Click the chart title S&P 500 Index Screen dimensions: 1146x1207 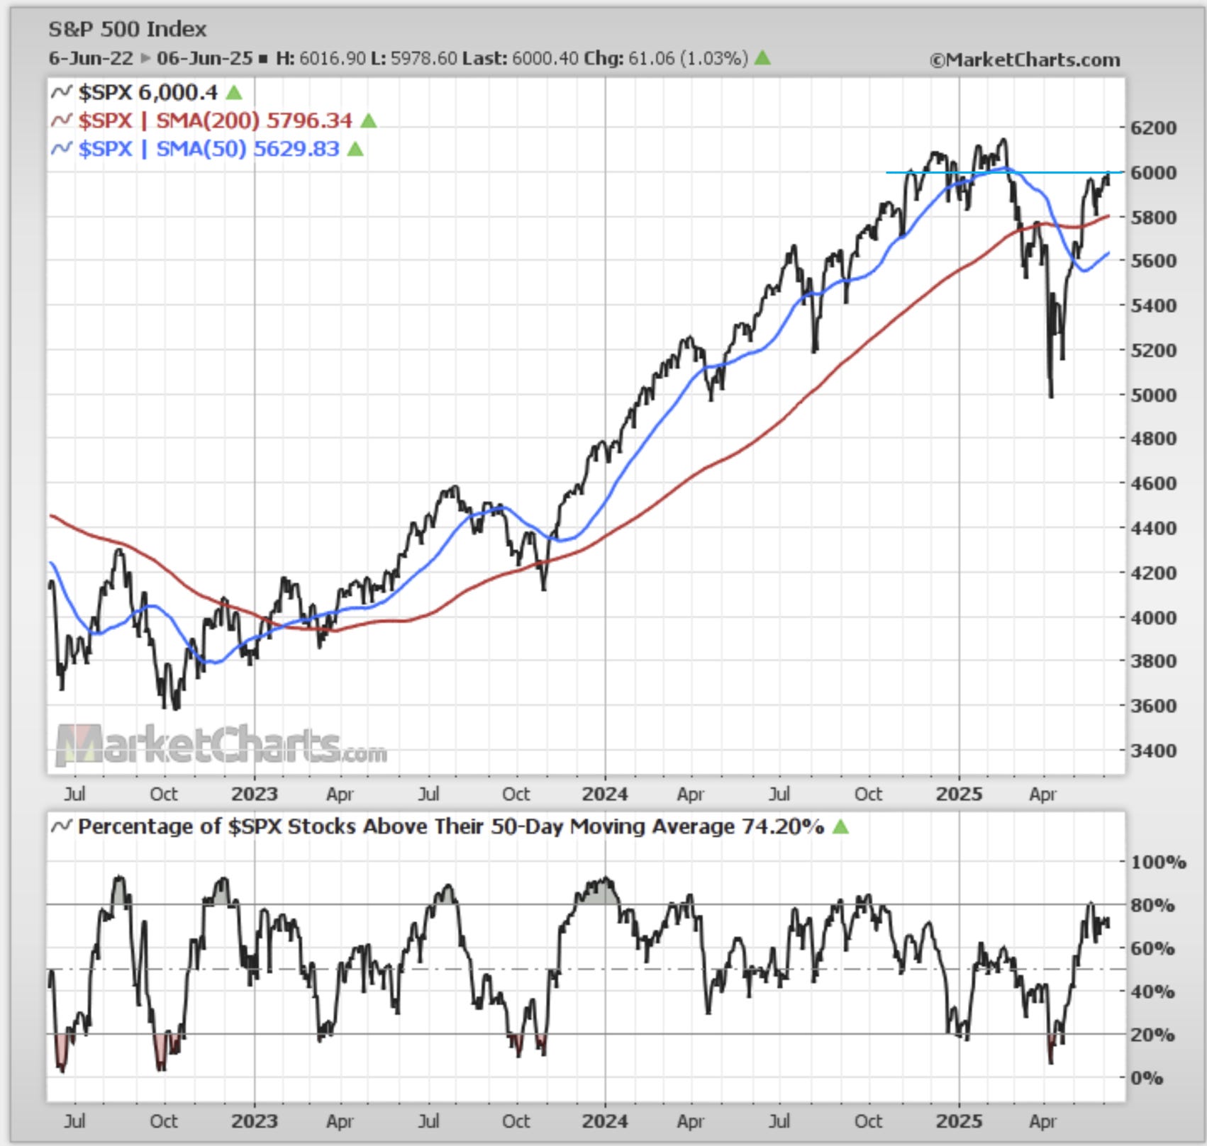click(x=127, y=29)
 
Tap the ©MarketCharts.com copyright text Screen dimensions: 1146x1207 click(x=1024, y=60)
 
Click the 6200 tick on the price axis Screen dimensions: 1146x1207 click(x=1152, y=128)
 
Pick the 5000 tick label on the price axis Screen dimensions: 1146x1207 click(x=1152, y=395)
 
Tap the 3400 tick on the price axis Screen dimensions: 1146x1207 click(x=1152, y=750)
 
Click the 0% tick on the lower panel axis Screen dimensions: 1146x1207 click(x=1146, y=1078)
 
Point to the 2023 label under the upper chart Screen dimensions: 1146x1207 click(x=254, y=794)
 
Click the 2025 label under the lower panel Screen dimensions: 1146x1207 click(x=958, y=1121)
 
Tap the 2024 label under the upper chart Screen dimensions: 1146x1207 click(x=604, y=794)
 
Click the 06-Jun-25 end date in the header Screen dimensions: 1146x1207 click(x=204, y=58)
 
